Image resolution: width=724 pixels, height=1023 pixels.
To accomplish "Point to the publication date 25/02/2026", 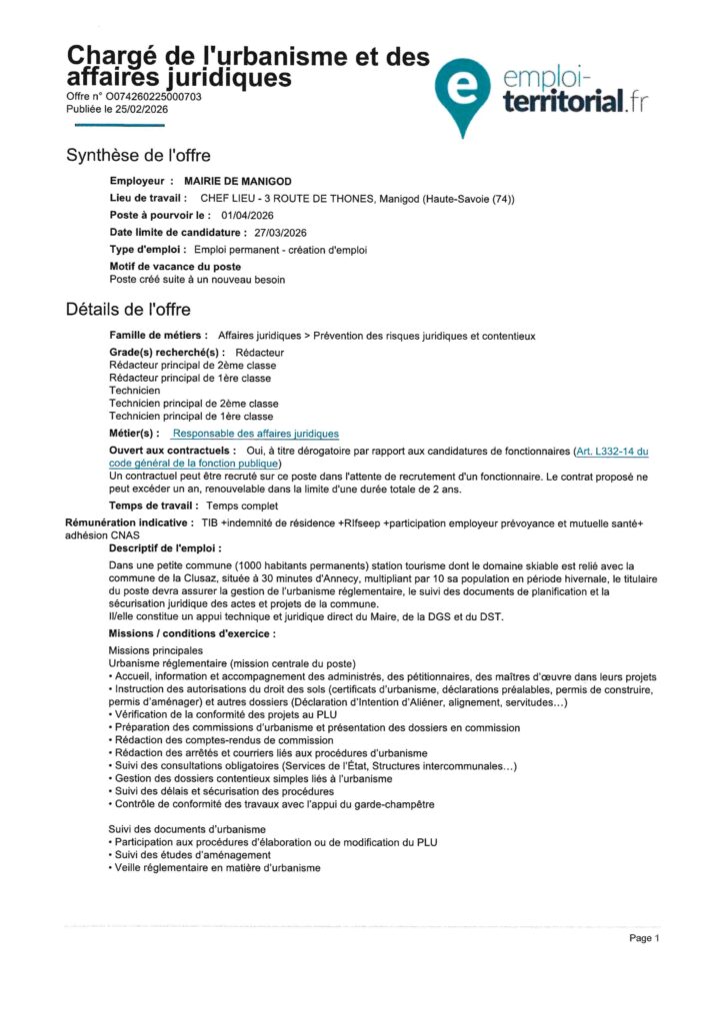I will [x=140, y=109].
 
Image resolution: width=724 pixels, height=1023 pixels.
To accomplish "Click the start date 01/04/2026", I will [x=247, y=215].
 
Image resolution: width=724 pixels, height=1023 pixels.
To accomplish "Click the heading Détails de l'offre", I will [x=128, y=310].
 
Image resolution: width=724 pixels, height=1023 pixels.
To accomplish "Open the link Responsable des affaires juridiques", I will [x=255, y=434].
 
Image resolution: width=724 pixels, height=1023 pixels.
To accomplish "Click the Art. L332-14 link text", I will [x=611, y=452].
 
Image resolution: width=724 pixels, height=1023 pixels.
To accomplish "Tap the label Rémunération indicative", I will [x=128, y=522].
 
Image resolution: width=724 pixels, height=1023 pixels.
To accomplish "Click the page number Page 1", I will [x=644, y=938].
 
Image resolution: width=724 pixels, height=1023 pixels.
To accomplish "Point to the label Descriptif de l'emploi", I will [x=164, y=548].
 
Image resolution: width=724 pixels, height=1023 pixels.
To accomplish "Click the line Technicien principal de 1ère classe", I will [x=190, y=416].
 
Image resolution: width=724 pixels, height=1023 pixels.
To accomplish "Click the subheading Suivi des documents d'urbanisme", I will [x=186, y=829].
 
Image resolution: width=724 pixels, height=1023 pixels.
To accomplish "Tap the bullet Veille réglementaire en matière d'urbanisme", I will [x=217, y=868].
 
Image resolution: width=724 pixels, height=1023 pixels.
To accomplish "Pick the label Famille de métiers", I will [x=158, y=336].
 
